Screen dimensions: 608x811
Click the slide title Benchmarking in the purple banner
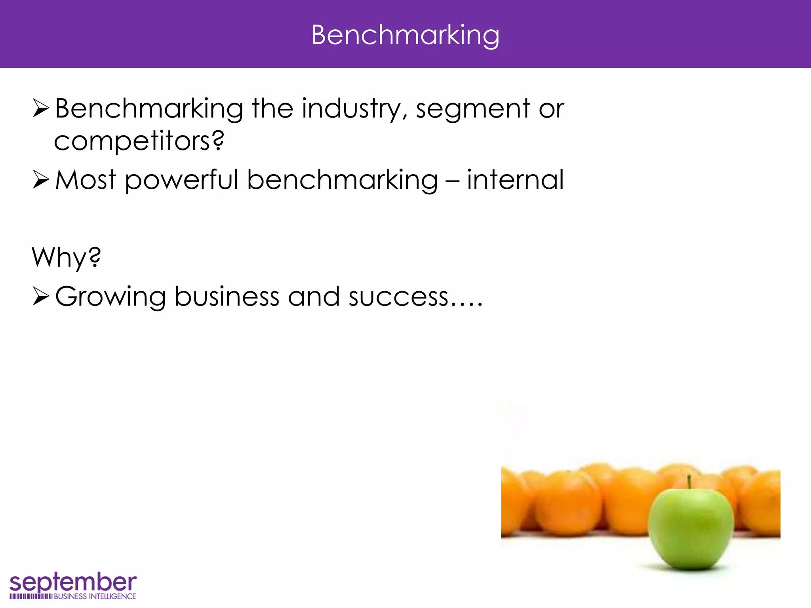(405, 36)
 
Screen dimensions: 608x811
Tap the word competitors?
(139, 141)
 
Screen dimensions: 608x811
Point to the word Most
(86, 180)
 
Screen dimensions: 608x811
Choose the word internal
(515, 180)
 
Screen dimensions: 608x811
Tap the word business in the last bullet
(227, 297)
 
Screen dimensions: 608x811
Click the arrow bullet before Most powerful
(40, 180)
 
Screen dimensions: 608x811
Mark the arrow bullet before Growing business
(40, 296)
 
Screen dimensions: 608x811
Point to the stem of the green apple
(689, 482)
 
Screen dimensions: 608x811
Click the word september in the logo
(73, 583)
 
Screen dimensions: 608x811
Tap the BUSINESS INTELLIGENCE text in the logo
(95, 597)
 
